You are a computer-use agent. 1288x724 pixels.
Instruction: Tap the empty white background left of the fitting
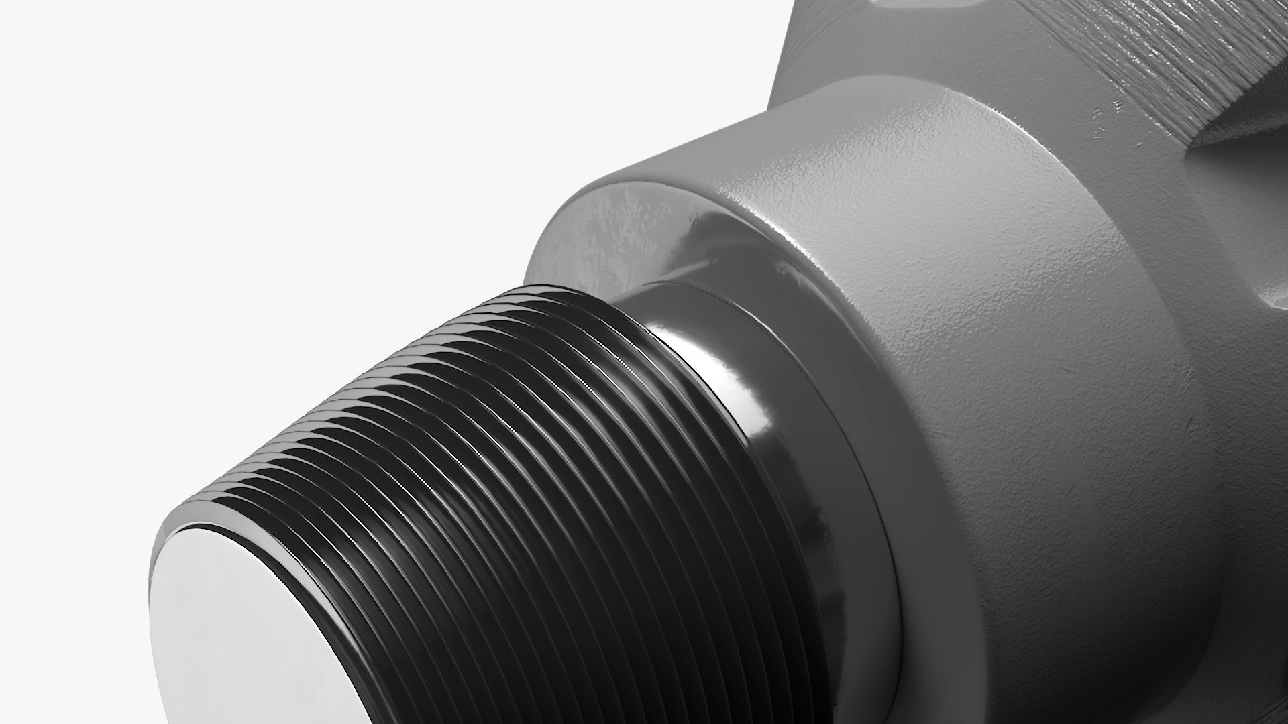[x=268, y=201]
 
